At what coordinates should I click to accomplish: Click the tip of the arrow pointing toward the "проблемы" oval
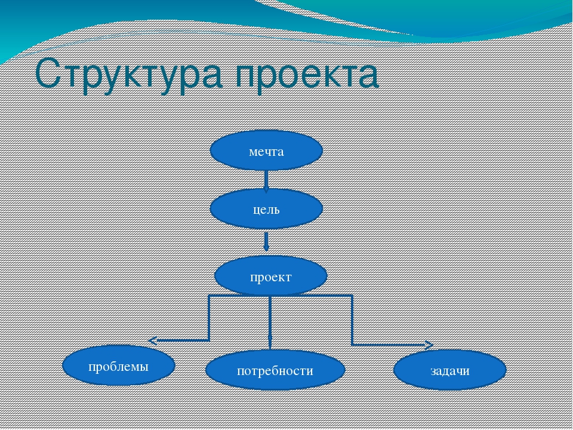(149, 341)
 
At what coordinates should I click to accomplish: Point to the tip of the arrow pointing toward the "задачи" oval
(433, 345)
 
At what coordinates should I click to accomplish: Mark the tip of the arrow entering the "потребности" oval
(270, 350)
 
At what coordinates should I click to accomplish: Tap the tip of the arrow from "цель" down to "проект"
(266, 251)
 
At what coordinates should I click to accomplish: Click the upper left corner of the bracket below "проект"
(209, 295)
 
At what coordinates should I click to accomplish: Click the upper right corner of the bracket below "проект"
(352, 295)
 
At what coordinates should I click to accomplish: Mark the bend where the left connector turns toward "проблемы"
(209, 340)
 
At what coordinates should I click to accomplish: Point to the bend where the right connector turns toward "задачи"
(352, 345)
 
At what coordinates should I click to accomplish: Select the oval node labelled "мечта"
(266, 150)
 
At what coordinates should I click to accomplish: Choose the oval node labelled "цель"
(266, 209)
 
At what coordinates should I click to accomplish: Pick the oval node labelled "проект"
(271, 276)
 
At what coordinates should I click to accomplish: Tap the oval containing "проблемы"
(119, 365)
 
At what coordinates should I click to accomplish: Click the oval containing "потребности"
(275, 370)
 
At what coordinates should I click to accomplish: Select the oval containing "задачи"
(450, 370)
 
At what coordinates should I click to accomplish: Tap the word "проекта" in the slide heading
(307, 77)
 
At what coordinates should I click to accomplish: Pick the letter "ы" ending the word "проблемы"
(144, 367)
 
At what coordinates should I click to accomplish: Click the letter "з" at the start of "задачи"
(433, 371)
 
